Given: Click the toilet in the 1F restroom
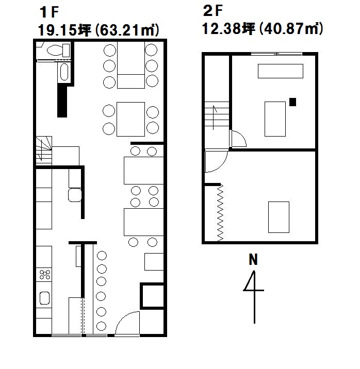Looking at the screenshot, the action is [x=58, y=50].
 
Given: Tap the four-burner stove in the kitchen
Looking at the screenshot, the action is [x=44, y=274].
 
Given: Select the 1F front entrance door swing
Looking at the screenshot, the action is [x=127, y=323].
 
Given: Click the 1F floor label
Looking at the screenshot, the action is [x=49, y=12].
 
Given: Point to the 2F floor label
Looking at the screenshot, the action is [x=212, y=11].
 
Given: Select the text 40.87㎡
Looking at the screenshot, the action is [x=291, y=29].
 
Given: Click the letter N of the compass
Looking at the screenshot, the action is [x=253, y=260].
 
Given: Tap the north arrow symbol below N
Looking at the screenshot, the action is [x=254, y=297].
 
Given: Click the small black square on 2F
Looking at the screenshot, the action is [x=292, y=102].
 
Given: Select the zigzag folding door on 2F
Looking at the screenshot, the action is [x=220, y=213].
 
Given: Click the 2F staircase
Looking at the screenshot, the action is [x=217, y=115].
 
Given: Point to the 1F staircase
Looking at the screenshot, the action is [x=44, y=150].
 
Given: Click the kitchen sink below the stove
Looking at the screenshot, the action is [x=44, y=298].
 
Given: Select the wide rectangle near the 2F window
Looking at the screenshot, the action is [x=281, y=71].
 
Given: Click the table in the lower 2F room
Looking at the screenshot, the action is [x=279, y=217].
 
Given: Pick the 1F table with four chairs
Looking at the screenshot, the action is [x=130, y=119].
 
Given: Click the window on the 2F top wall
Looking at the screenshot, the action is [x=276, y=54].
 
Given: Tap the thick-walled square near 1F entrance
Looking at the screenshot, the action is [x=152, y=296].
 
